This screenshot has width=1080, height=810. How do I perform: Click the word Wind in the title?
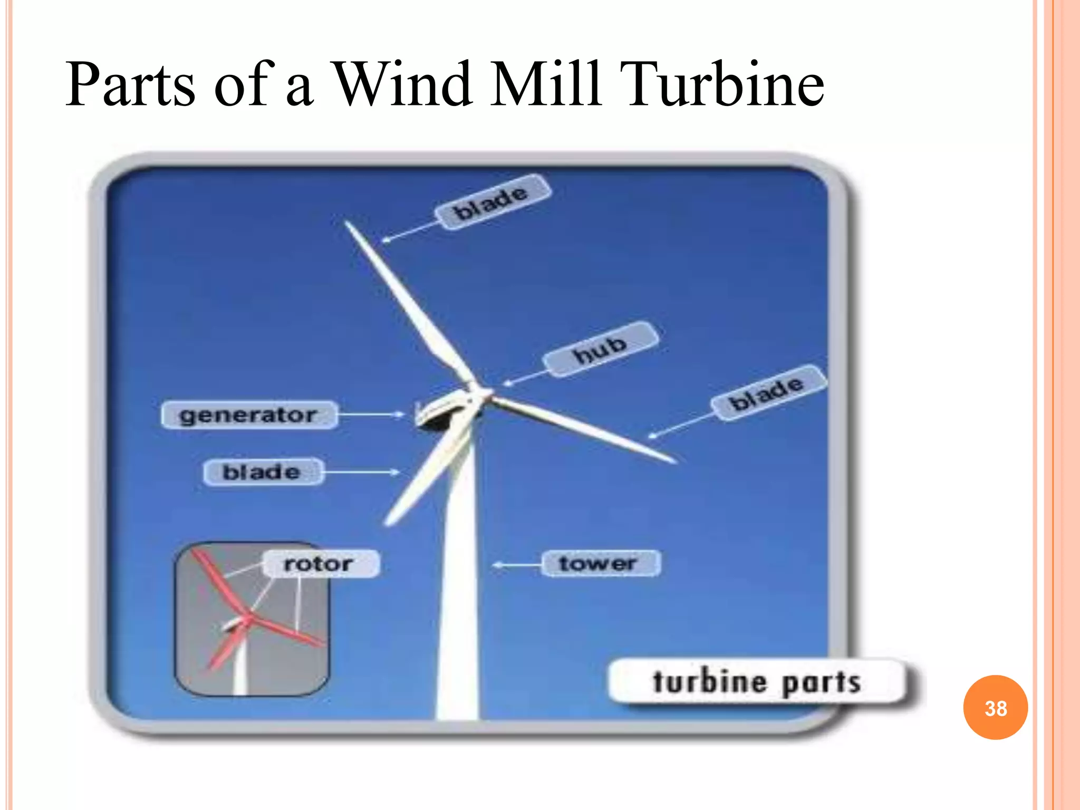403,84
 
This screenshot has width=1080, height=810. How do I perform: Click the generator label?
248,415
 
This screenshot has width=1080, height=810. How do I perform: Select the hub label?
601,349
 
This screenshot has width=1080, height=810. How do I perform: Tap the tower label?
600,564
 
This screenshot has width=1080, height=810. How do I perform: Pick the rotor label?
320,564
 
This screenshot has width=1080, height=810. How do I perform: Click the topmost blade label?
492,202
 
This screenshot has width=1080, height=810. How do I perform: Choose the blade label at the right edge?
767,393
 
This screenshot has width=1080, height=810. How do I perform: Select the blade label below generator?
262,471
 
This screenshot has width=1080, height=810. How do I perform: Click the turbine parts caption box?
757,681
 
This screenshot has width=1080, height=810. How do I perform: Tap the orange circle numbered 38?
995,708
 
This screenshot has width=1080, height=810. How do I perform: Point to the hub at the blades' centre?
483,394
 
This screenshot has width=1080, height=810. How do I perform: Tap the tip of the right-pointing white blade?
674,461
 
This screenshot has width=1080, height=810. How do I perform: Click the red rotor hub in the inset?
249,617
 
